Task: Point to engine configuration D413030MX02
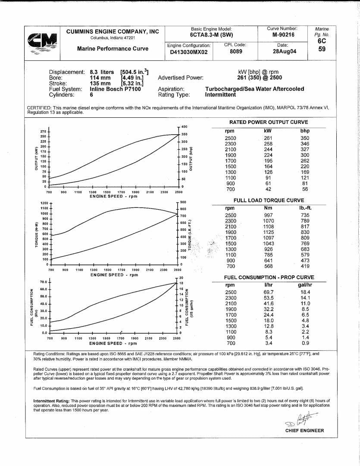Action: coord(189,52)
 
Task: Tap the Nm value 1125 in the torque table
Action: coord(269,232)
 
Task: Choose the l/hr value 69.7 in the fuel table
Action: coord(269,292)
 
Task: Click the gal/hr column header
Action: coord(305,285)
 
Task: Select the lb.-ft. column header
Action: coord(305,208)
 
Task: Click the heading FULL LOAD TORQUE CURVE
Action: coord(269,201)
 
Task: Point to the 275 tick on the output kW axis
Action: coord(43,131)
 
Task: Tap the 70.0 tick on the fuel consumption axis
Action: coord(43,282)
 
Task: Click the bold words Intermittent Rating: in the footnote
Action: coord(52,401)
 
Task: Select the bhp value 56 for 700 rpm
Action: coord(305,189)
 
